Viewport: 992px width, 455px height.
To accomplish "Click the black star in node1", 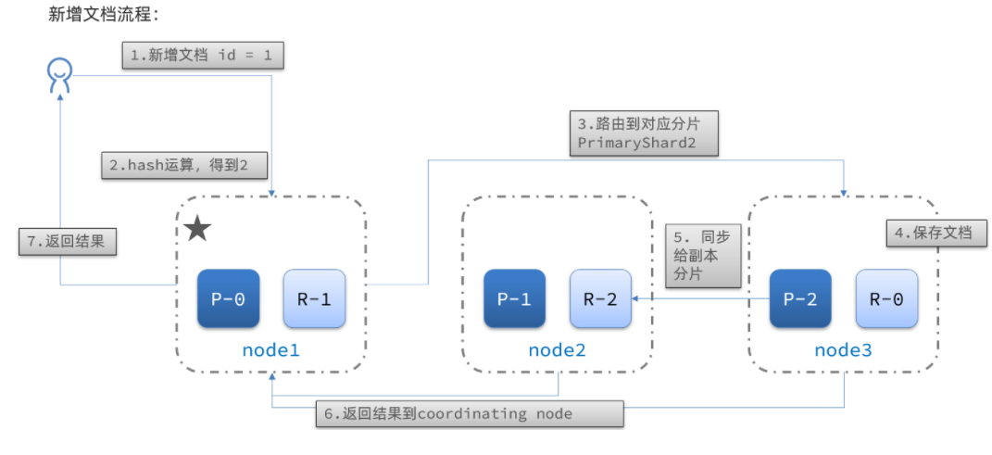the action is tap(197, 229).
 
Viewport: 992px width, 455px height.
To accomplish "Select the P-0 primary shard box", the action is tap(229, 298).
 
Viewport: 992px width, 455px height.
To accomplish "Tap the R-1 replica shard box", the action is tap(314, 298).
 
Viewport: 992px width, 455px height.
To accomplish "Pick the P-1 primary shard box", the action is tap(514, 298).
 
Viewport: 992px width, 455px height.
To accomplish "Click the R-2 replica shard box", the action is tap(600, 298).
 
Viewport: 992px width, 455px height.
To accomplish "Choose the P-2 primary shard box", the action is tap(800, 298).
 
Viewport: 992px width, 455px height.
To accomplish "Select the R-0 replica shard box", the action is tap(886, 298).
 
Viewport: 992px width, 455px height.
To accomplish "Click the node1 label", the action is tap(270, 349).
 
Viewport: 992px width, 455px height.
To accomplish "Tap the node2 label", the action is tap(558, 349).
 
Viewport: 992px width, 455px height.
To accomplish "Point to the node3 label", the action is tap(843, 349).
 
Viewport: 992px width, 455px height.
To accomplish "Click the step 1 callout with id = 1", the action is tap(203, 55).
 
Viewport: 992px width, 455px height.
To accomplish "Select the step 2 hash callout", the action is tap(184, 166).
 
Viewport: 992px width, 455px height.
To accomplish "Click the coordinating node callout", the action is tap(470, 414).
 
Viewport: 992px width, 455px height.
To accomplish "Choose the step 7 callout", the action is tap(68, 242).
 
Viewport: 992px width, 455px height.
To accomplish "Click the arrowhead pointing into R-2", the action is tap(635, 298).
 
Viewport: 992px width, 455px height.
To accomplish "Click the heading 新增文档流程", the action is tap(103, 14).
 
